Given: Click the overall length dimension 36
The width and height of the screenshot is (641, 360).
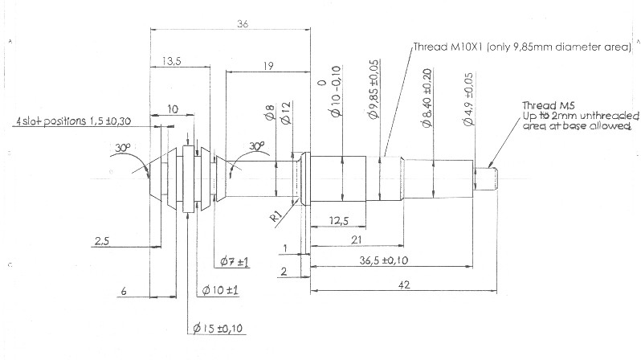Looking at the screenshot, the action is (243, 24).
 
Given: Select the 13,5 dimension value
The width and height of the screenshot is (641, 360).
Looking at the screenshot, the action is (172, 61).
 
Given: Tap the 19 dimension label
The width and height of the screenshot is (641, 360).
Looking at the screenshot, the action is (268, 66).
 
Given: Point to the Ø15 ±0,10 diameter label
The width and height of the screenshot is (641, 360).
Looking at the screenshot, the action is (218, 328).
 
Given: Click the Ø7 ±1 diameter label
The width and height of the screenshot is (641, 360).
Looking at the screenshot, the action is (235, 261).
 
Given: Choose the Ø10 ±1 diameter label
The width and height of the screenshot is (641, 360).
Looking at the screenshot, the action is (220, 290).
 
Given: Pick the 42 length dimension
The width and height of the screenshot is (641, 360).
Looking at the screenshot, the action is (404, 284).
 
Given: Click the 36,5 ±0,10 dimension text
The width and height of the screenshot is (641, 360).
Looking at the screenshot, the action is (384, 260).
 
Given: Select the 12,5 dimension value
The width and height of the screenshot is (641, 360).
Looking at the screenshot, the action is (339, 221).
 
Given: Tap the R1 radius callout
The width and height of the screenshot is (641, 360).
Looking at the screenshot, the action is (277, 215).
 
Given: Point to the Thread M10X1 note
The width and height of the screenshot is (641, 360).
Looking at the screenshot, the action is (522, 47).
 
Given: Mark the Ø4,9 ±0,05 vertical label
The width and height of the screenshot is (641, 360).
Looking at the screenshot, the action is (468, 99).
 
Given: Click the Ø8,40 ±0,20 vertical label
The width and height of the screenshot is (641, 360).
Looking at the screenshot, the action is (427, 98).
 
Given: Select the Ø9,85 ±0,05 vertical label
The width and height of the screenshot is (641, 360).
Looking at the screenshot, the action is (374, 89).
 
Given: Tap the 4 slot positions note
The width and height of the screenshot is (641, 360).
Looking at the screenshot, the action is (74, 121).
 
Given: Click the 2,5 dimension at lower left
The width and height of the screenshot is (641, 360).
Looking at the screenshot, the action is (102, 241).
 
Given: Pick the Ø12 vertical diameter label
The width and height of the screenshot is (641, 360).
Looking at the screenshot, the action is (285, 113).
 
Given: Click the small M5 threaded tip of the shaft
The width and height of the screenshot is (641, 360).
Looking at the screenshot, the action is (486, 179).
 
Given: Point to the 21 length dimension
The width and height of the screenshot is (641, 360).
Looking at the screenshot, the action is (357, 240).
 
